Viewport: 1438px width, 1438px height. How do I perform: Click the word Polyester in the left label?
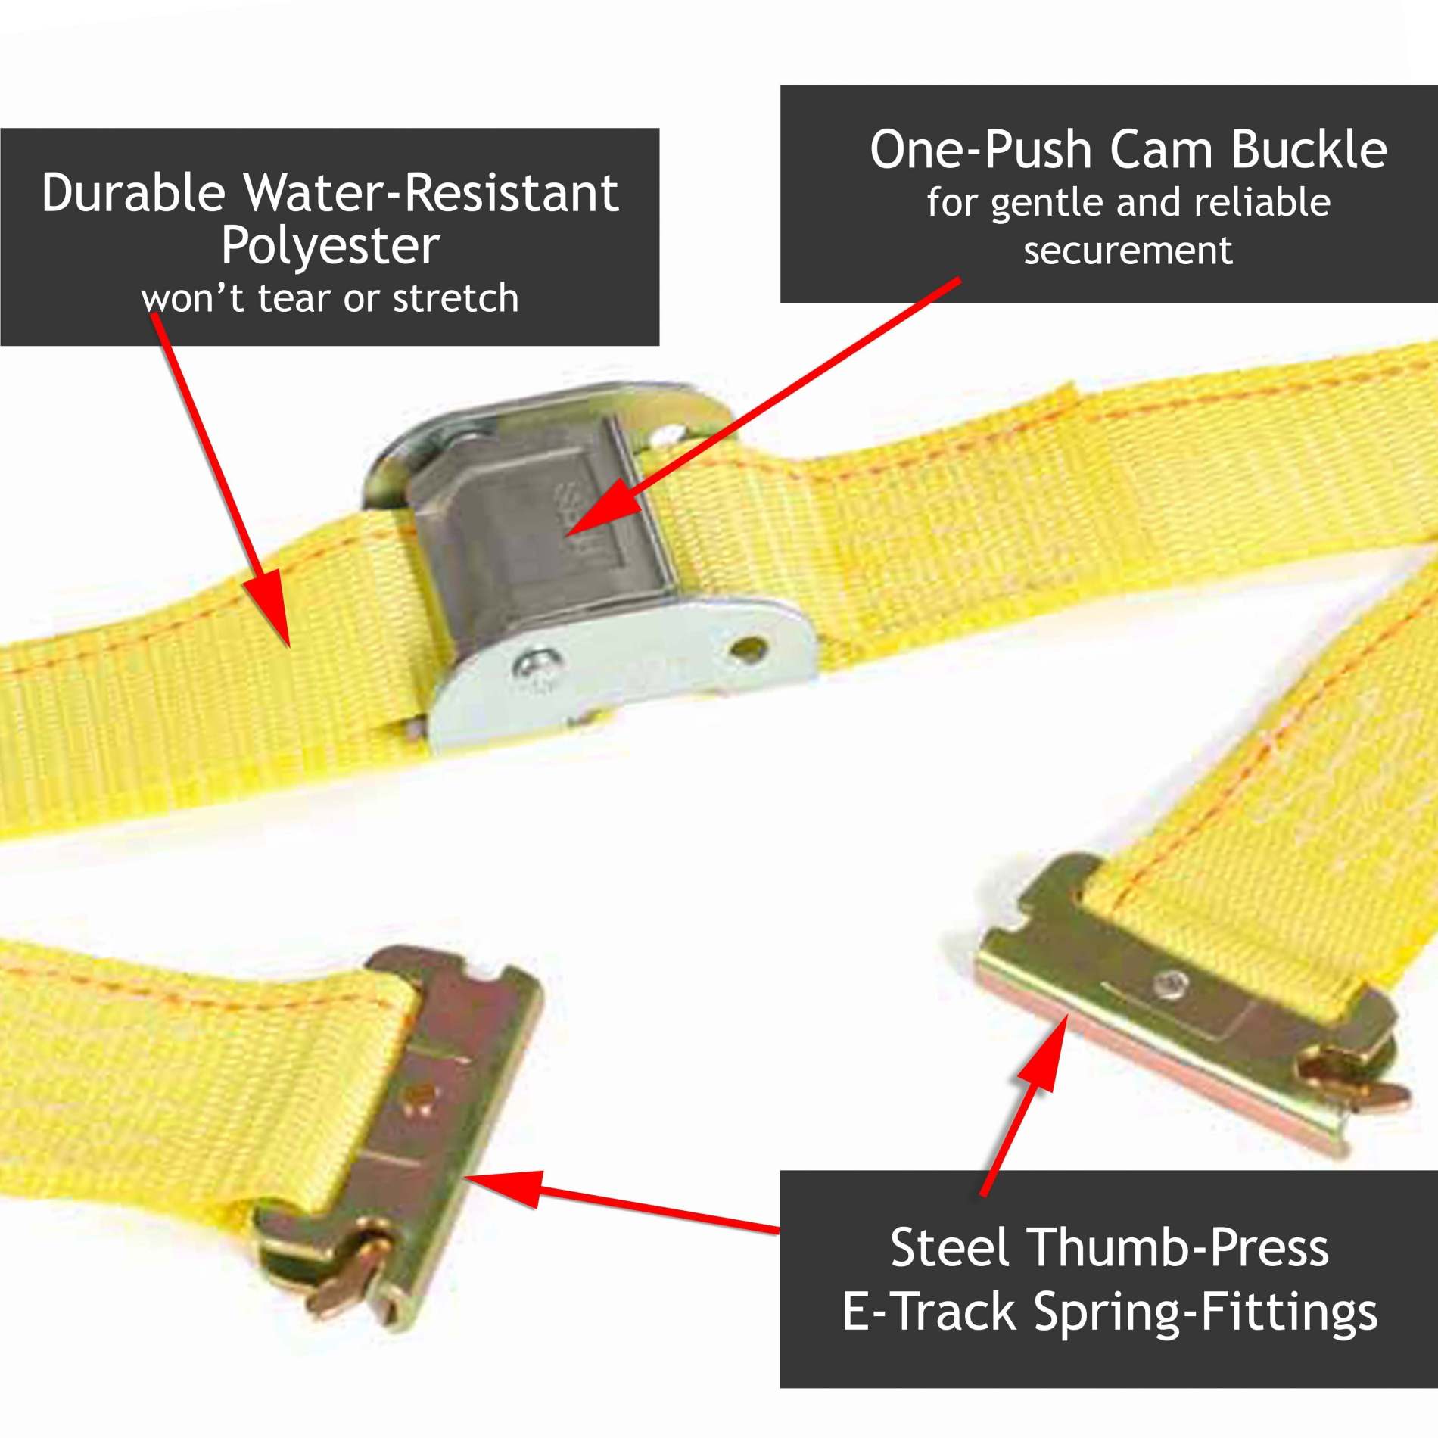pos(330,247)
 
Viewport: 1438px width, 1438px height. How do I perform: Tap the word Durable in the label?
pos(133,194)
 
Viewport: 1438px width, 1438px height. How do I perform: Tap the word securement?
pos(1128,251)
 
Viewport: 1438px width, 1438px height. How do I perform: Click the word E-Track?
pos(929,1312)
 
